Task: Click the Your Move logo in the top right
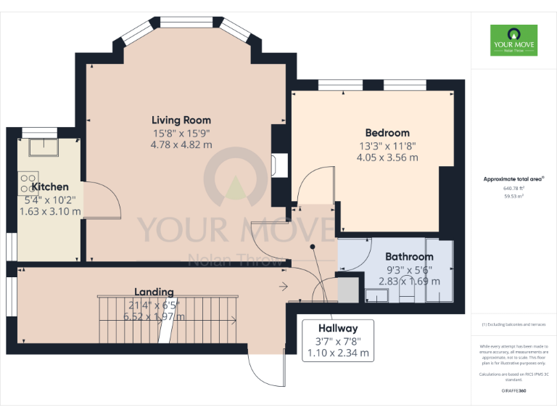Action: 513,40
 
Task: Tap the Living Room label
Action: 181,120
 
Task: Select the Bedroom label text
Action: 387,133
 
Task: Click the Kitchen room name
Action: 50,187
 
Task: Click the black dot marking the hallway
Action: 313,247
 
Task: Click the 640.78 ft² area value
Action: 513,188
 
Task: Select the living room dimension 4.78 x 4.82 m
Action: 181,144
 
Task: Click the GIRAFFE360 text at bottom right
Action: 513,391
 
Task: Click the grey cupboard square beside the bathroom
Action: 348,288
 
